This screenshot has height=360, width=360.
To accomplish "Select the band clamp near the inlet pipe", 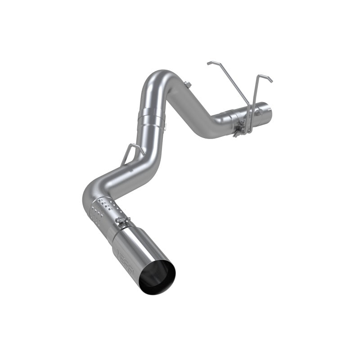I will [x=237, y=124].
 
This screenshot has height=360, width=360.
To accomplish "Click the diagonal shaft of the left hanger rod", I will [x=229, y=90].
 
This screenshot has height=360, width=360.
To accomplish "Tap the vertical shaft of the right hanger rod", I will [x=255, y=103].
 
